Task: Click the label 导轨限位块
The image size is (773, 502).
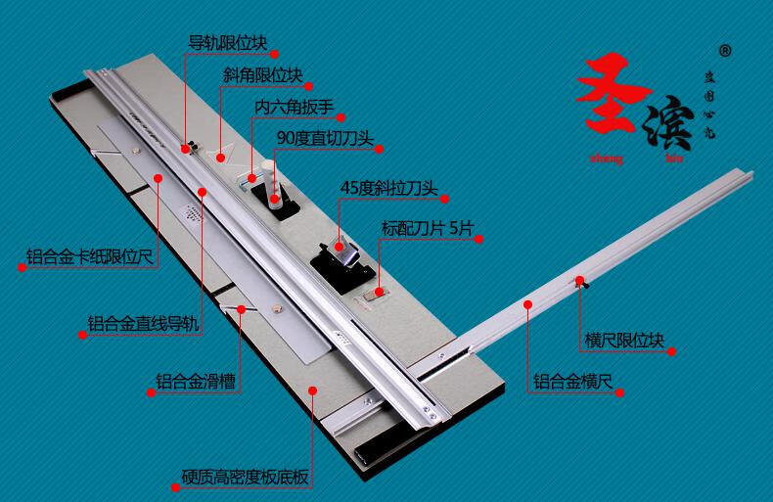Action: click(x=227, y=43)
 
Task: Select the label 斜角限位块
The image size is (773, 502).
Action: click(x=261, y=74)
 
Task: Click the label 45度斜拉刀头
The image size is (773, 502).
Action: click(x=386, y=187)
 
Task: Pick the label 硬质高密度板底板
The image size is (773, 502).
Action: click(x=246, y=479)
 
